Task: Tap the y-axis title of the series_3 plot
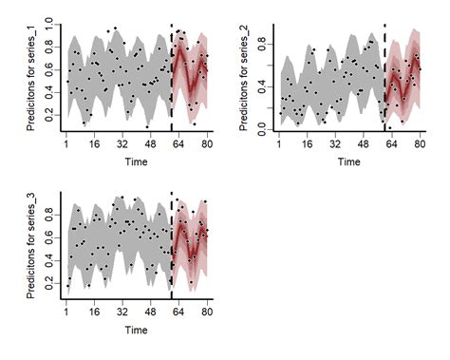click(x=31, y=247)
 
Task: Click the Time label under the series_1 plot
click(x=137, y=161)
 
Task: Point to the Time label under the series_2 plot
click(x=349, y=161)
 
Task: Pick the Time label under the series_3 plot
click(x=137, y=331)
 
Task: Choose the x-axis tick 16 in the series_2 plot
click(x=308, y=144)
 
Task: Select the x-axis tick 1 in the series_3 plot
click(x=66, y=313)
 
